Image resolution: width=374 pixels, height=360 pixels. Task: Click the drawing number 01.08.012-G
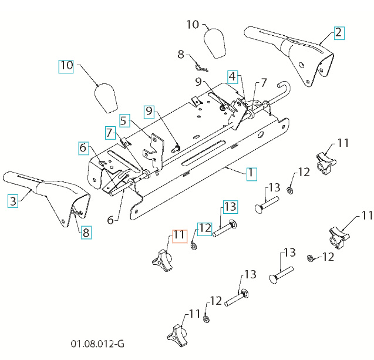pos(97,343)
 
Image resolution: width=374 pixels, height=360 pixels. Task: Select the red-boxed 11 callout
pos(178,237)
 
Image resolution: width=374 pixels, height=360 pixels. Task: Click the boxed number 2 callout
pos(339,32)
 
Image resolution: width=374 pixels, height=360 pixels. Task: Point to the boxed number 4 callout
pos(233,76)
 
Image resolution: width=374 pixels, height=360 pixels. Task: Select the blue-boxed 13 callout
pos(230,207)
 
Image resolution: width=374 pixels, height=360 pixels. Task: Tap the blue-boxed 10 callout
pos(66,66)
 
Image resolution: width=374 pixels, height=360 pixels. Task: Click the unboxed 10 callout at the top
pos(193,25)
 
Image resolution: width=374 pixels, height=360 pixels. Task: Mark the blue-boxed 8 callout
pos(86,232)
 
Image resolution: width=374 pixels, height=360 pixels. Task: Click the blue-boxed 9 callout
pos(149,110)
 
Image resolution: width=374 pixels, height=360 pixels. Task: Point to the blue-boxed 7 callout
pos(110,133)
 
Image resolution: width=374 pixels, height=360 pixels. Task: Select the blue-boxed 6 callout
pos(83,149)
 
